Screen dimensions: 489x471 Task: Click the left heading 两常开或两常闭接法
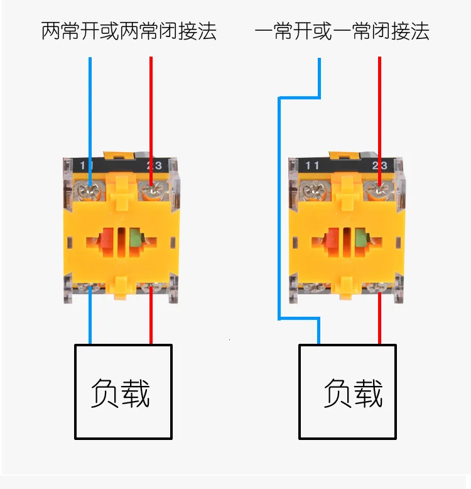tap(129, 31)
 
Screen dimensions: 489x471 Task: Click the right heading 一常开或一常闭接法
tap(342, 31)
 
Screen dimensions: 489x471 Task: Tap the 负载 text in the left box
tap(121, 393)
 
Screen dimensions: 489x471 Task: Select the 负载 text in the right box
tap(353, 393)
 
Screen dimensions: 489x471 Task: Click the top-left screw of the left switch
tap(87, 189)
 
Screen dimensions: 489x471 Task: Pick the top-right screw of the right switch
tap(377, 189)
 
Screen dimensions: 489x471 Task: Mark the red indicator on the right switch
tap(331, 240)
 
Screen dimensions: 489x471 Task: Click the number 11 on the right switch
tap(312, 166)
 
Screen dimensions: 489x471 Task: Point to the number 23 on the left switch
tap(153, 166)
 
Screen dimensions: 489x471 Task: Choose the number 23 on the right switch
tap(380, 166)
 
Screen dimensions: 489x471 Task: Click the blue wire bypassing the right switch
tap(279, 207)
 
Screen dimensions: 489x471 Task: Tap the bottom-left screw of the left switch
tap(87, 288)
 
